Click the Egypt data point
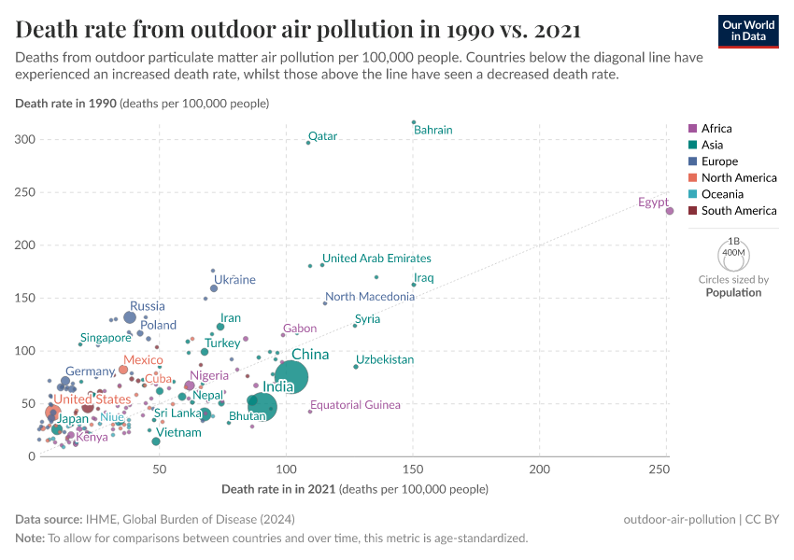click(670, 211)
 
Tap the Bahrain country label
click(432, 130)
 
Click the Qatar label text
click(322, 136)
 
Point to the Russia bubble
click(130, 317)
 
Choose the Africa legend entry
click(716, 129)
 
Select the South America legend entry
click(739, 211)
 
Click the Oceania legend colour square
click(692, 194)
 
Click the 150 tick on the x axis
click(413, 468)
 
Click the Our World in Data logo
click(748, 30)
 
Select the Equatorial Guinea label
click(355, 405)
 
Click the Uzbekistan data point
click(356, 367)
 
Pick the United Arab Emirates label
click(376, 259)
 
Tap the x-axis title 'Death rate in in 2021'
click(279, 489)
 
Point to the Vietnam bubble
click(156, 441)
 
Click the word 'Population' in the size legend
click(733, 292)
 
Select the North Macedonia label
click(370, 297)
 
